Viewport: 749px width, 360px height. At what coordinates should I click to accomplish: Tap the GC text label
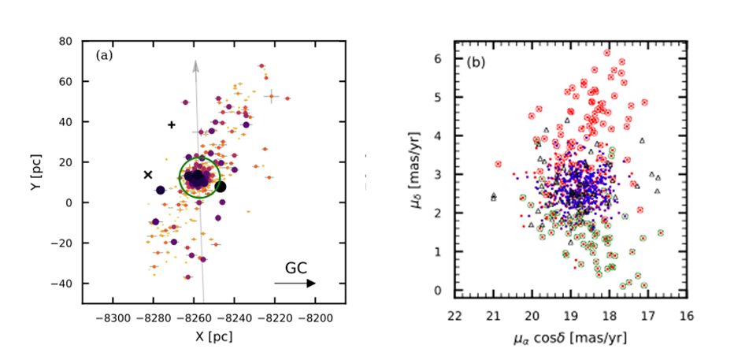[x=296, y=266]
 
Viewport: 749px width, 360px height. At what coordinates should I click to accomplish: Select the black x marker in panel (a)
[x=147, y=175]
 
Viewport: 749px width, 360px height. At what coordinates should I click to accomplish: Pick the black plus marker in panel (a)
[x=172, y=124]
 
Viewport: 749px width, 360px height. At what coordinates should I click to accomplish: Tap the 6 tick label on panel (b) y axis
[x=442, y=59]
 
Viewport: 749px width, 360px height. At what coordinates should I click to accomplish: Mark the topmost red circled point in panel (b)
[x=606, y=54]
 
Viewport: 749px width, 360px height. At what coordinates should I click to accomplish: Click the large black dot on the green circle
[x=221, y=187]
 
